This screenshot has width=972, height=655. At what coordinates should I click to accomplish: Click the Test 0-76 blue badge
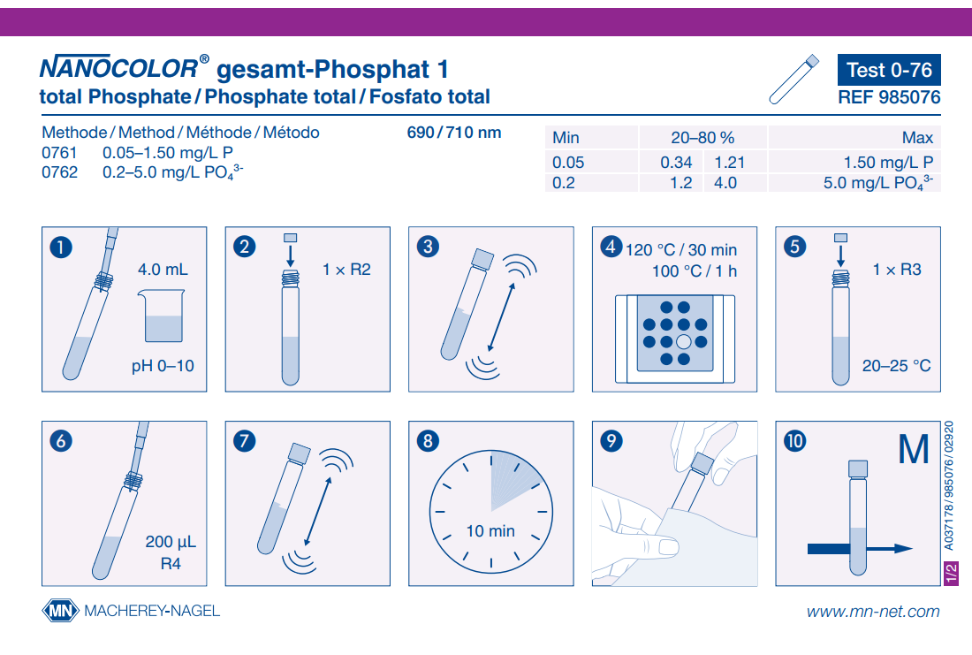coord(888,71)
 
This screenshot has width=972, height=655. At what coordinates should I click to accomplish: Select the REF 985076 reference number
coord(888,98)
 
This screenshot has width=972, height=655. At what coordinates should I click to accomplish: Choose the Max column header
coord(916,138)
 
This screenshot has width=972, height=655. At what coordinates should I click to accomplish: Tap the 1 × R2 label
coord(346,270)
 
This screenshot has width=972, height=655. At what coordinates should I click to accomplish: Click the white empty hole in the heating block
coord(683,342)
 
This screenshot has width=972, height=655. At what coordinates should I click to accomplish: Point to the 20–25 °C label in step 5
coord(896,365)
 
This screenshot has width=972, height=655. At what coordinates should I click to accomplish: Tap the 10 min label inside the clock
coord(490,531)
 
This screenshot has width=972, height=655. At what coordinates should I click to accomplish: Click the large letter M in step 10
coord(913,451)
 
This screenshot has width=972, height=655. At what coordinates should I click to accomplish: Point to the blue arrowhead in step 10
coord(902,549)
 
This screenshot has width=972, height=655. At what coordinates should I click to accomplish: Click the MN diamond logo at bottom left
coord(60,611)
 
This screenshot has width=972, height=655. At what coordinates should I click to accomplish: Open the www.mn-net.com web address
coord(873,611)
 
